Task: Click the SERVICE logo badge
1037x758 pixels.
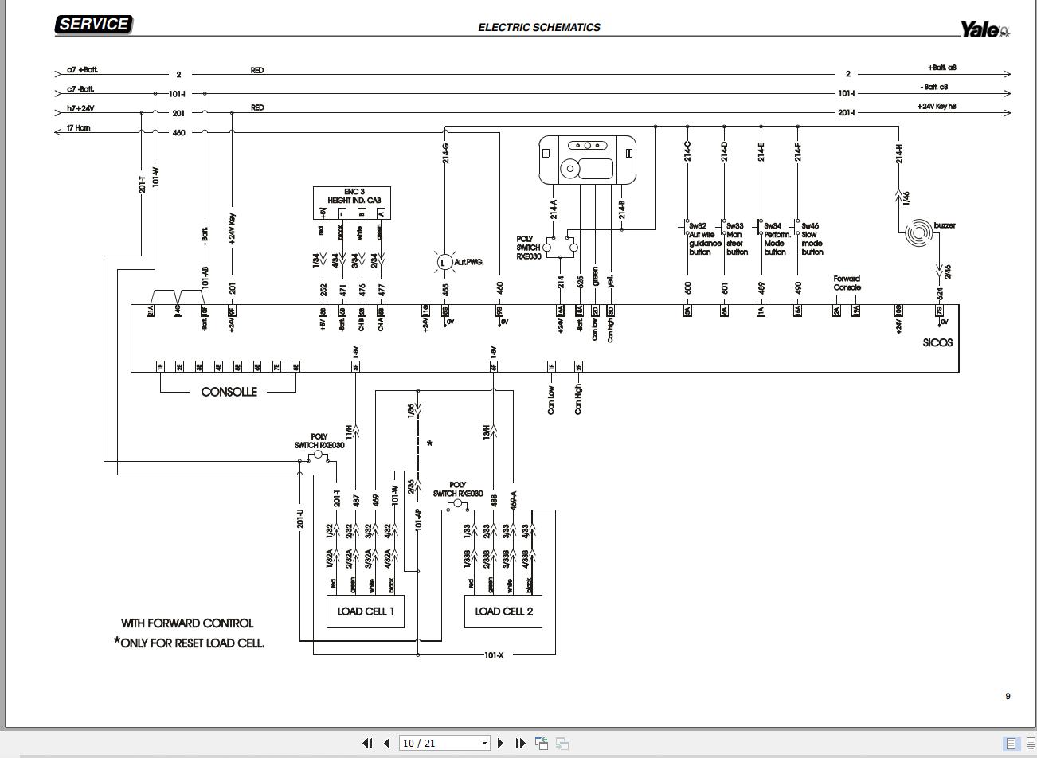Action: coord(93,25)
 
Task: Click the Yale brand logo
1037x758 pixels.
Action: coord(984,30)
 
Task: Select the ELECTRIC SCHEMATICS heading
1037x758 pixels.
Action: coord(539,27)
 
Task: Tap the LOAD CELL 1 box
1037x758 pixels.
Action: coord(366,611)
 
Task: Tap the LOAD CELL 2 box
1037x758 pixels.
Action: coord(503,611)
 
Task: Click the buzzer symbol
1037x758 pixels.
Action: coord(919,232)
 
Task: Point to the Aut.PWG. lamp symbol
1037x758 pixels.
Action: coord(444,262)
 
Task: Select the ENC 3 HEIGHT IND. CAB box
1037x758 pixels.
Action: coord(352,202)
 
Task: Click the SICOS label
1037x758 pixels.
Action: coord(937,343)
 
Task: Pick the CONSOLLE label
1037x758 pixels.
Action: coord(229,392)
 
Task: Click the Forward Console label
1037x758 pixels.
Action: coord(847,283)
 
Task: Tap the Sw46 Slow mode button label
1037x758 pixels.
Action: coord(812,239)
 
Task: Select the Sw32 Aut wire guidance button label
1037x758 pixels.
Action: coord(705,239)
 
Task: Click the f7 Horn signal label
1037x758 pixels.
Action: coord(78,128)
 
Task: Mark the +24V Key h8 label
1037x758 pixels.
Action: coord(937,106)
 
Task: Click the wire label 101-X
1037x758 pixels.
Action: coord(494,655)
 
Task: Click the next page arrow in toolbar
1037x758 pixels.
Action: coord(500,743)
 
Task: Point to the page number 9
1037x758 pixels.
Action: coord(1008,696)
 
